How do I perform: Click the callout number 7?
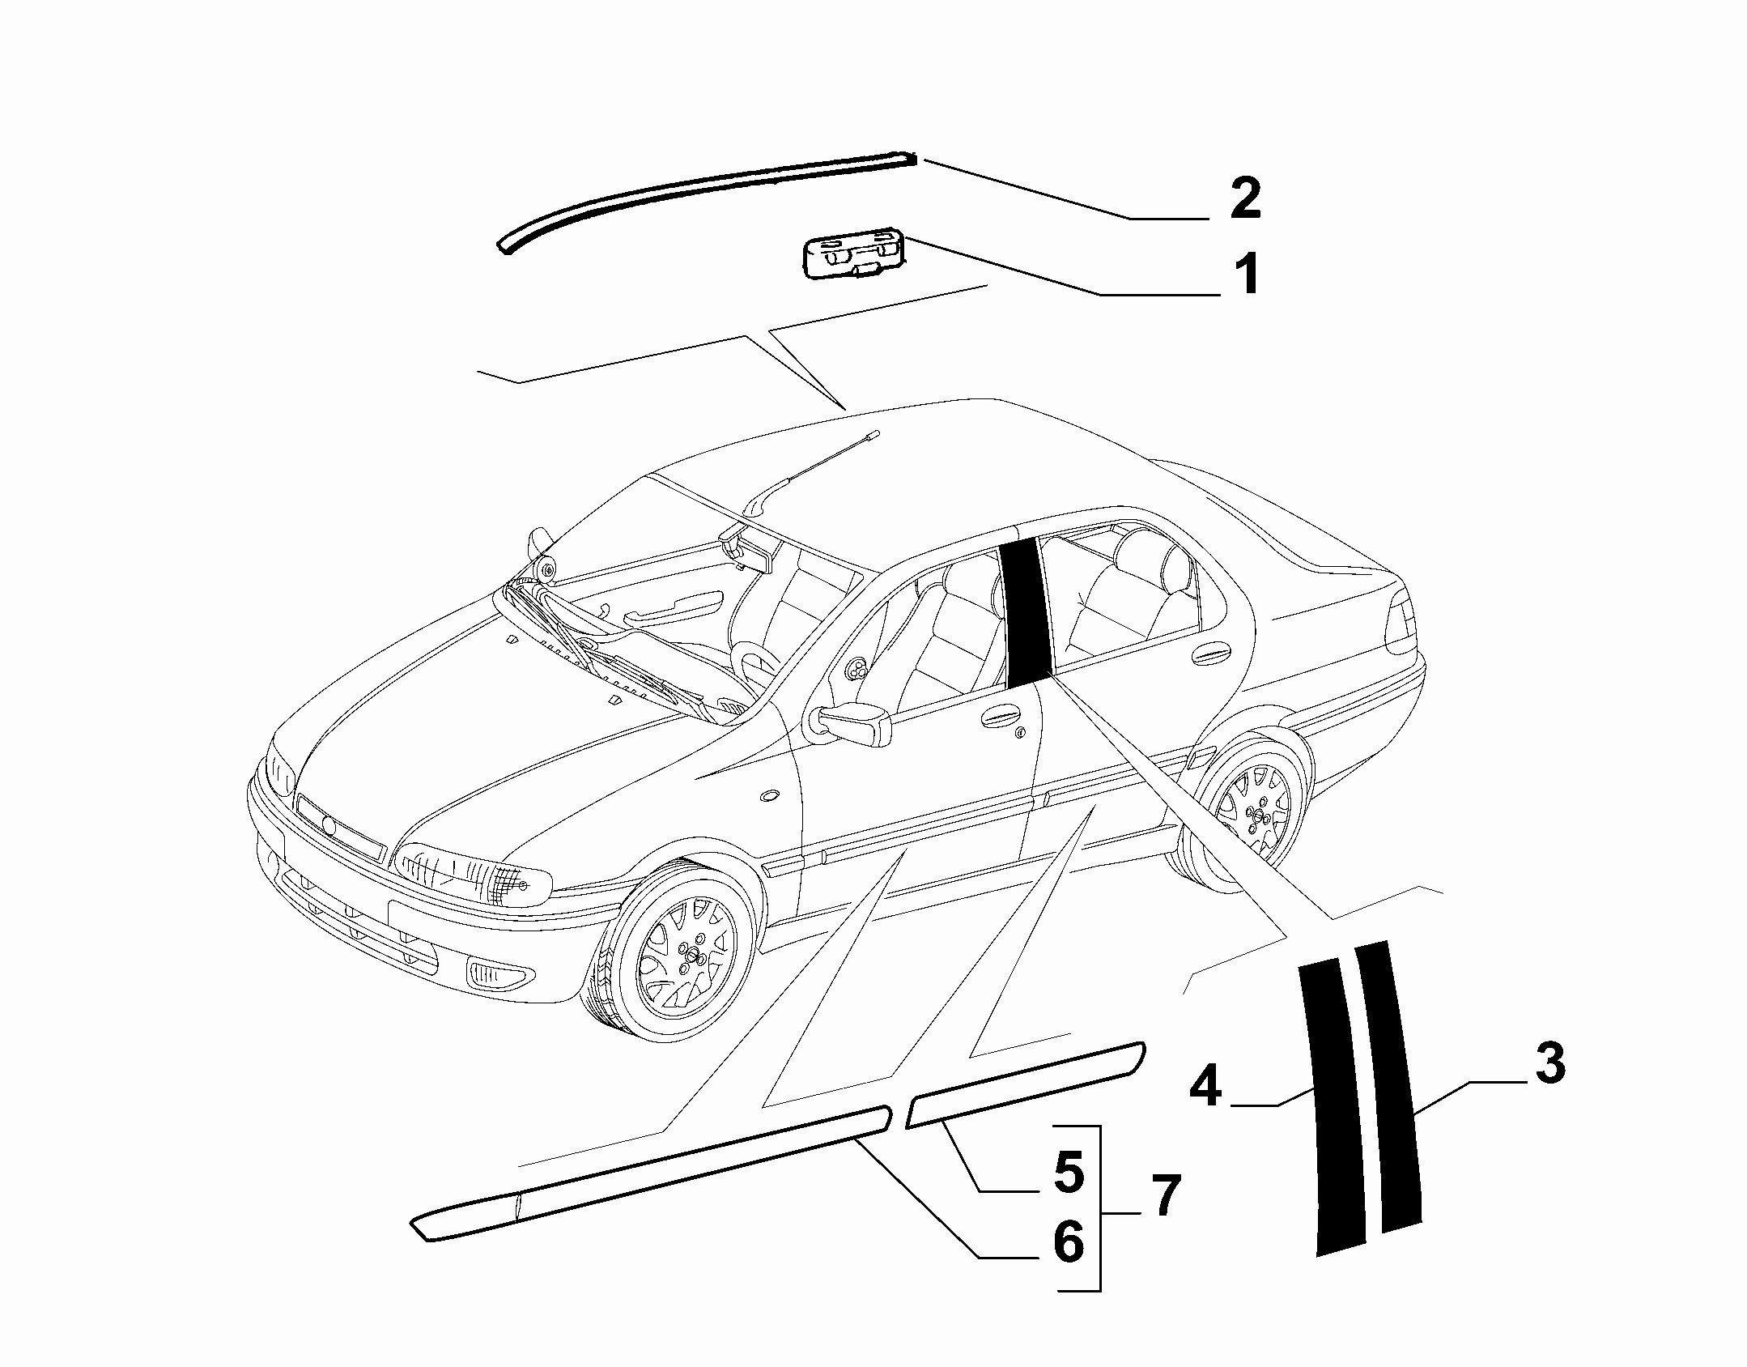coord(1165,1195)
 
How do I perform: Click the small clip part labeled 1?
coord(852,257)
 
